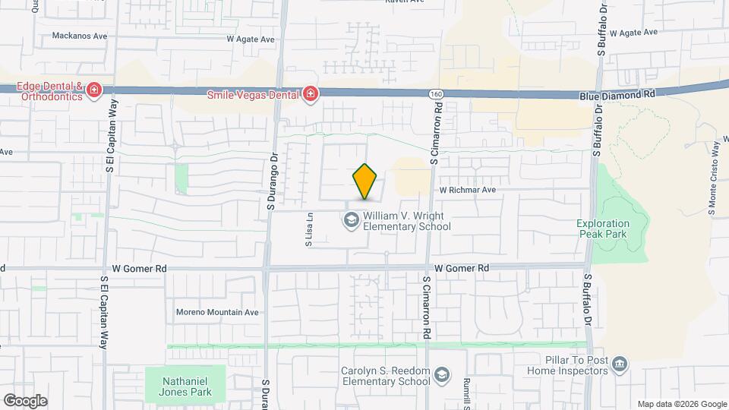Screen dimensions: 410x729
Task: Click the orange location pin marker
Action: pyautogui.click(x=364, y=182)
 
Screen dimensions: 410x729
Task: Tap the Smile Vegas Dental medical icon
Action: pyautogui.click(x=310, y=94)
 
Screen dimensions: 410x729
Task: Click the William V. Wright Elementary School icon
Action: pyautogui.click(x=351, y=220)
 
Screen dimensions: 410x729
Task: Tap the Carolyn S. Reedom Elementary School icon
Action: pyautogui.click(x=441, y=376)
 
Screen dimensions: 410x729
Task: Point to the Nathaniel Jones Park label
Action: pyautogui.click(x=185, y=386)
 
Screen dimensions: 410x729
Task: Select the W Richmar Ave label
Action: pyautogui.click(x=467, y=190)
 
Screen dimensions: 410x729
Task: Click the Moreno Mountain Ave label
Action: pyautogui.click(x=218, y=312)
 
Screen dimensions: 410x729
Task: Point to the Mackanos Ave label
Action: pyautogui.click(x=80, y=36)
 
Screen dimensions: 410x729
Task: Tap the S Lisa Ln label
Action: pyautogui.click(x=309, y=230)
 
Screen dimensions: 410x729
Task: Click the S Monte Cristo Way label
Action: pyautogui.click(x=713, y=178)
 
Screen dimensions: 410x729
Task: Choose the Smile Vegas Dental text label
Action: pyautogui.click(x=253, y=95)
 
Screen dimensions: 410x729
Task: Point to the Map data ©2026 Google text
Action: pyautogui.click(x=681, y=404)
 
